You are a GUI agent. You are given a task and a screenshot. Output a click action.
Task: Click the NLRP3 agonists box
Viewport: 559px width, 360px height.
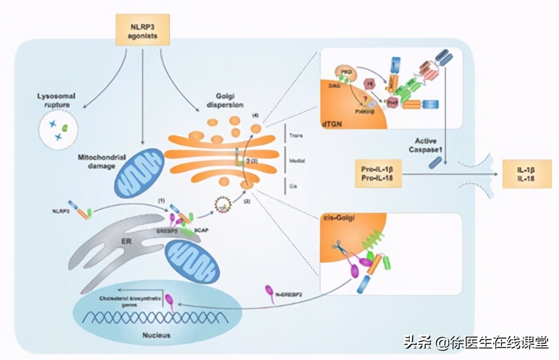[x=142, y=30]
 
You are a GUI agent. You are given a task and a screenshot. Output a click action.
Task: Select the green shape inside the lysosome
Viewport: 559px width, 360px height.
[x=65, y=128]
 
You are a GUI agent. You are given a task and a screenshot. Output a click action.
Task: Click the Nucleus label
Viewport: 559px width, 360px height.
[x=156, y=335]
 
